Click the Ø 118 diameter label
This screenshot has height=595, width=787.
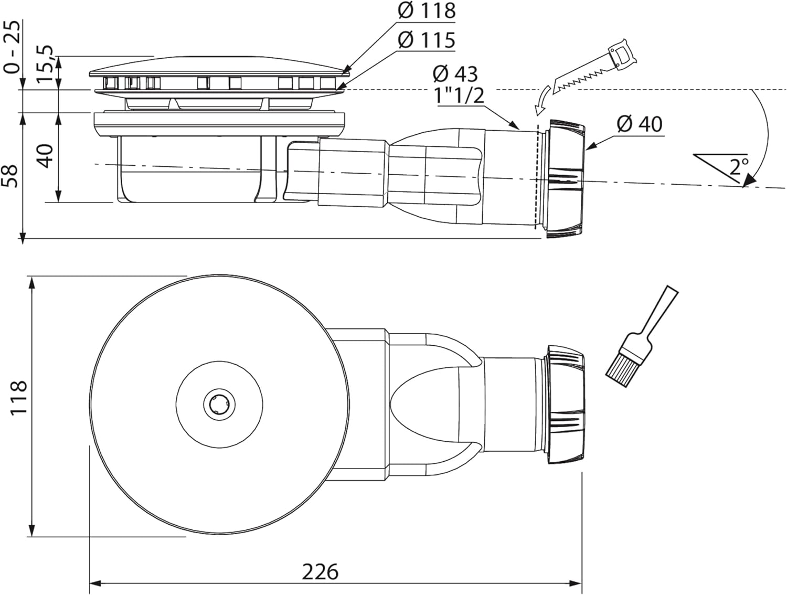(x=427, y=10)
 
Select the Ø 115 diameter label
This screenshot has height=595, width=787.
(x=427, y=40)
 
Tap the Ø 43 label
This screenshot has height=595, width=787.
(x=455, y=74)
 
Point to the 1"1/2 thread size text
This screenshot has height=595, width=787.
(x=459, y=95)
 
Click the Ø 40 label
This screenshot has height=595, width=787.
(x=640, y=124)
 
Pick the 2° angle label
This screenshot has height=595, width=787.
(x=739, y=166)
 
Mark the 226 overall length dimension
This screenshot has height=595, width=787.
(x=320, y=572)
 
